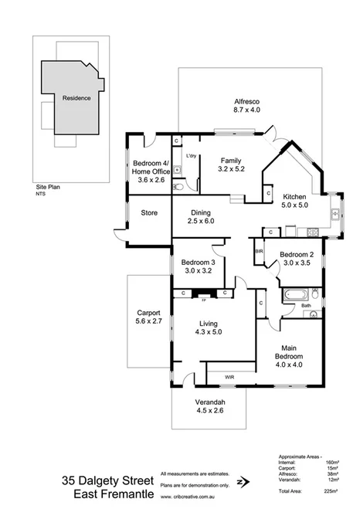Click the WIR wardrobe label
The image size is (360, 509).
coord(229,377)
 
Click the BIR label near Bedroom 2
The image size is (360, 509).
coord(260,252)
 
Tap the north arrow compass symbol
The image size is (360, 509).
coord(243,480)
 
